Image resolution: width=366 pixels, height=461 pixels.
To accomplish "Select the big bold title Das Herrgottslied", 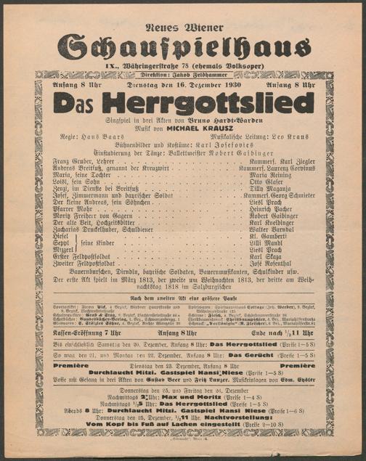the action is coord(183,104).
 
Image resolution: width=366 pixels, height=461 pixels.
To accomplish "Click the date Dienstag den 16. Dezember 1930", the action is coord(184,86).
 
